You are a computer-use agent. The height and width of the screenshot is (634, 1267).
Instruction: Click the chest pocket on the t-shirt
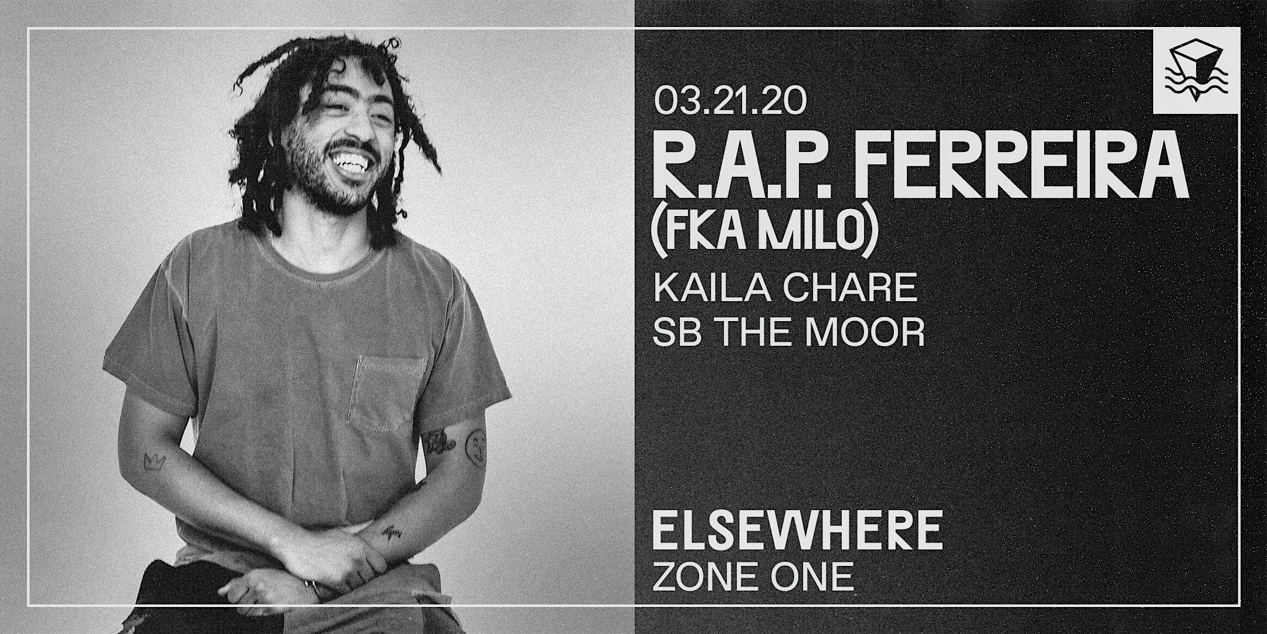[390, 399]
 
